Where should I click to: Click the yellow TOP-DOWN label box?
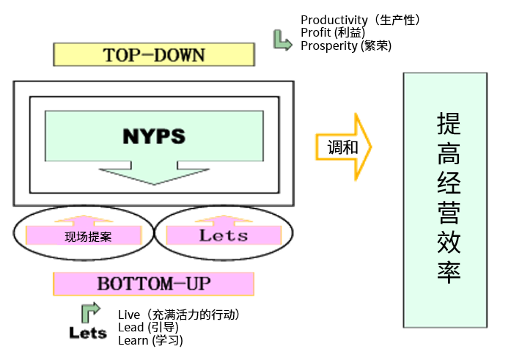[154, 55]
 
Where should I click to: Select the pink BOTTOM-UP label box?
[153, 283]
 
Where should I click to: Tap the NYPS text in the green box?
[153, 136]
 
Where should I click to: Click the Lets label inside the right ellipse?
[224, 235]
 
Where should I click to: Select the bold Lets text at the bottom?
[88, 332]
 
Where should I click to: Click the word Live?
[128, 315]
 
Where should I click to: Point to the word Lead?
[131, 328]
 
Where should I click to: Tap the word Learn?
[133, 340]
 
